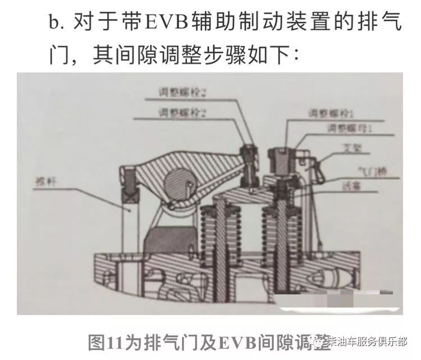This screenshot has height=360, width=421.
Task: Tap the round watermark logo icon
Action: pyautogui.click(x=319, y=340)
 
